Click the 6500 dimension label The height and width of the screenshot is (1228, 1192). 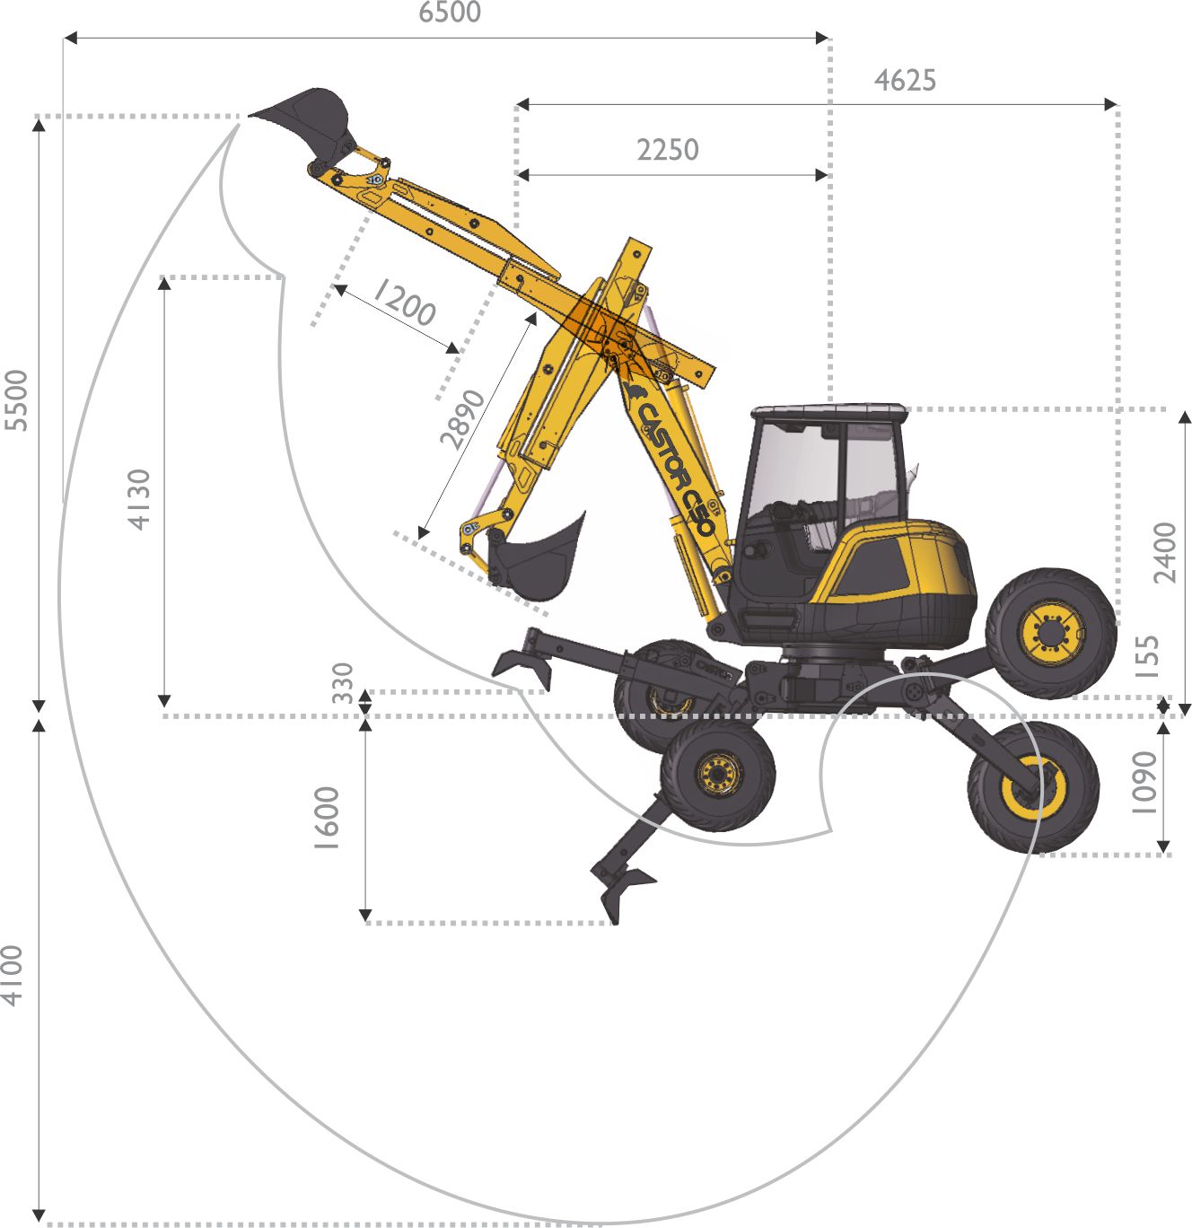pos(450,12)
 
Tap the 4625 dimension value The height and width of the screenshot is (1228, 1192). pos(905,81)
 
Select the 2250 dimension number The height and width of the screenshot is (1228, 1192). pos(668,150)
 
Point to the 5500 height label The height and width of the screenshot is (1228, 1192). pos(16,400)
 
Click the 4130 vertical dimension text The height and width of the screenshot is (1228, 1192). pos(139,499)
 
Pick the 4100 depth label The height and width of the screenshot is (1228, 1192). pos(12,975)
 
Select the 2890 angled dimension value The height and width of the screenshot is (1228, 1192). pos(462,419)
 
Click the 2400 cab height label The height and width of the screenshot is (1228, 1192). pos(1165,553)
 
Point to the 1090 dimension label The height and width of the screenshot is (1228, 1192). pos(1144,783)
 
